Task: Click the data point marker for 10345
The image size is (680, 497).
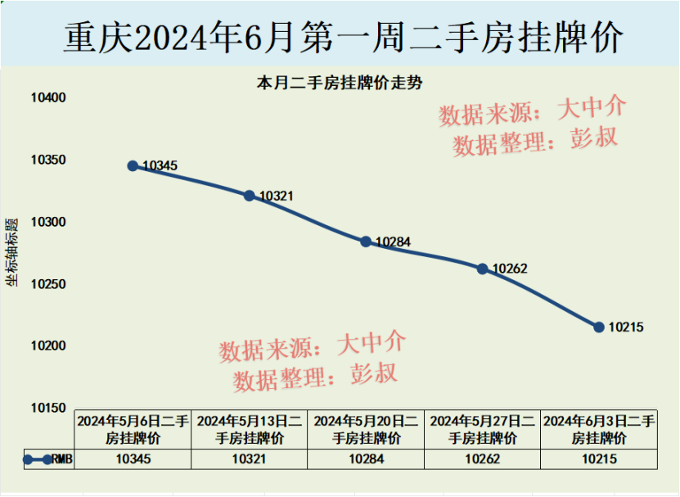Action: [x=133, y=165]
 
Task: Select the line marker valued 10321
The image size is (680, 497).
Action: [x=249, y=196]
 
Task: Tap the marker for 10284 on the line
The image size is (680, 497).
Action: [x=366, y=242]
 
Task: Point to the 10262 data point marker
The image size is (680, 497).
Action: [x=482, y=269]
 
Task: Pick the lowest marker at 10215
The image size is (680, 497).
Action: [x=599, y=327]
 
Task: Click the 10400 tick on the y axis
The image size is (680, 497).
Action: [x=48, y=98]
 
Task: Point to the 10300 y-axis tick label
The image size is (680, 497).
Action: [x=48, y=223]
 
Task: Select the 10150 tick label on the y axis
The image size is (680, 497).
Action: [x=48, y=408]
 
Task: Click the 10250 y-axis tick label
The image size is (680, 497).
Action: [x=48, y=285]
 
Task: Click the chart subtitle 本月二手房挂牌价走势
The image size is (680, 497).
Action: [x=340, y=83]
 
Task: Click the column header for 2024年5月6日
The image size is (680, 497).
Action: [x=133, y=429]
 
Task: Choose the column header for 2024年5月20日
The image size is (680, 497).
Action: [x=366, y=429]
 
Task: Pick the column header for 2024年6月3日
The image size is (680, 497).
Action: [x=599, y=429]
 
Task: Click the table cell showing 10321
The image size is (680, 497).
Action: [x=249, y=459]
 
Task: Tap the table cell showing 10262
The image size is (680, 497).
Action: [x=482, y=459]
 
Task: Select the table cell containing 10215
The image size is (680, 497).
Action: [x=599, y=459]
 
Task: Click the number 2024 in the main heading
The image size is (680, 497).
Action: [x=181, y=37]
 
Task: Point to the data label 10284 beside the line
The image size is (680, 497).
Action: [x=393, y=242]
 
